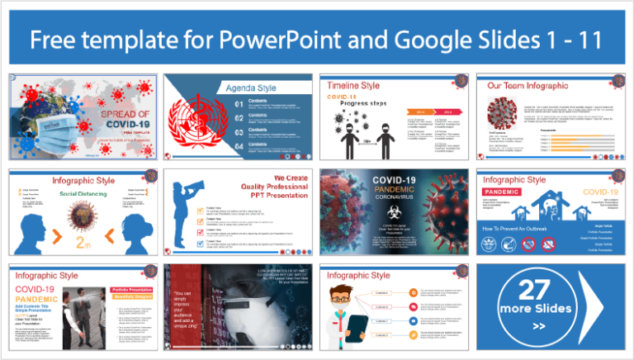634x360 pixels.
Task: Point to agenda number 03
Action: tap(239, 130)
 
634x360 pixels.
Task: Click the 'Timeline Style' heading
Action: tap(354, 85)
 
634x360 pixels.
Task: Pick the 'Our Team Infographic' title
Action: tap(528, 86)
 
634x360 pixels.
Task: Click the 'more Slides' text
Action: tap(545, 310)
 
